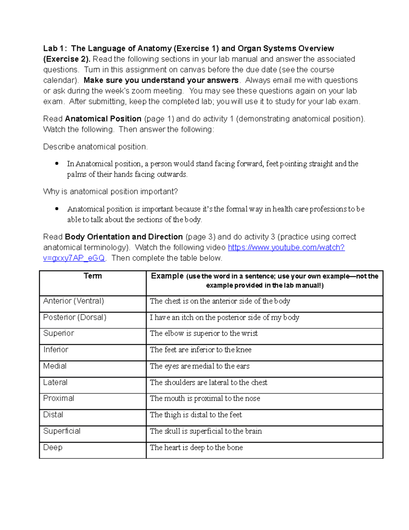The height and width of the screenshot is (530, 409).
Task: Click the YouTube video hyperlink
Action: [x=286, y=247]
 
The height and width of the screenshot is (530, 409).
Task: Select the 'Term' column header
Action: [x=93, y=276]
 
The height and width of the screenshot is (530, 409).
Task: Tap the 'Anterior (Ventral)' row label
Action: [x=74, y=301]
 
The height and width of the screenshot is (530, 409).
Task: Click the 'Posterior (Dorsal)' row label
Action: [x=75, y=317]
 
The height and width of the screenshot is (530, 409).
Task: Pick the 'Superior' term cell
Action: [x=59, y=333]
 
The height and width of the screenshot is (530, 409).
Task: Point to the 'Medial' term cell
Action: [x=55, y=366]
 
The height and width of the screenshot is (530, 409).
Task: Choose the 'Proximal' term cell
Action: [x=59, y=399]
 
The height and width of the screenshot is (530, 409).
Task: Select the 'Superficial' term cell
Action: [x=62, y=431]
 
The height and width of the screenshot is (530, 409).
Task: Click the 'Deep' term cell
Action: [x=53, y=447]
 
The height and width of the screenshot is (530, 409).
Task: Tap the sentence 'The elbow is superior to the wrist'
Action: [x=204, y=333]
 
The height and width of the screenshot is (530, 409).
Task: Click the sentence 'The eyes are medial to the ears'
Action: [x=200, y=366]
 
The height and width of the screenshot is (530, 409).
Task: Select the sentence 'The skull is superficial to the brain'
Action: [x=206, y=431]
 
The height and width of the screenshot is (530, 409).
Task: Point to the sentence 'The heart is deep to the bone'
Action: [x=196, y=447]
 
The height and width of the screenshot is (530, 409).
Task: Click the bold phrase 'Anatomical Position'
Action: [x=103, y=119]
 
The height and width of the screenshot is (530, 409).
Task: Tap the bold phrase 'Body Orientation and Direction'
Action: [x=124, y=237]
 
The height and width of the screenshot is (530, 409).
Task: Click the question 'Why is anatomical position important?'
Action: [x=110, y=192]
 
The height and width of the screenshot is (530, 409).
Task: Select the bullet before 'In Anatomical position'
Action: [x=57, y=163]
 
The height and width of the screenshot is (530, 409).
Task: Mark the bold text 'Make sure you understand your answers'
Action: [x=161, y=80]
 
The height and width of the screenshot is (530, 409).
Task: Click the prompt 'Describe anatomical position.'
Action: [x=95, y=147]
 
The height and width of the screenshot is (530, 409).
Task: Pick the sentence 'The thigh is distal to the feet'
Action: [x=196, y=415]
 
